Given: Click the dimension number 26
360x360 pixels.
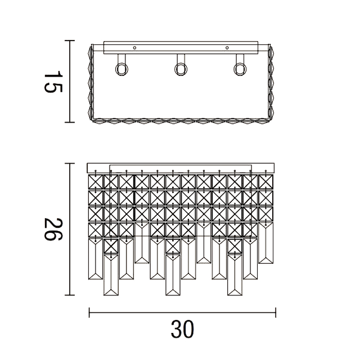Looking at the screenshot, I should pos(52,228).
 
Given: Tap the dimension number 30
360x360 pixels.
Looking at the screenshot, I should pos(182,330).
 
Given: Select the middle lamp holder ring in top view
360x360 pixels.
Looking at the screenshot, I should pos(181,69).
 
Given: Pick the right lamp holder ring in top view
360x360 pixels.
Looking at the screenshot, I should pos(240,69).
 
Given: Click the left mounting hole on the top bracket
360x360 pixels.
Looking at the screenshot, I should pos(134,48).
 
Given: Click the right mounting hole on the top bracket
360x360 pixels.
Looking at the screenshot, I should pos(227,48).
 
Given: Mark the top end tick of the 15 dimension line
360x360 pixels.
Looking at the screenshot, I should pos(69,40).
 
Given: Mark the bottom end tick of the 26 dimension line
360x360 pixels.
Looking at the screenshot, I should pos(69,295).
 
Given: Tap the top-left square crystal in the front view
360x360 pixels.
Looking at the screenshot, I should pos(97,181).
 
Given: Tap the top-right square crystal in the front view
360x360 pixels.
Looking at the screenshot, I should pos(266,181).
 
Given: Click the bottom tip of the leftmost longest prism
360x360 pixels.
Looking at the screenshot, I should pos(112,295).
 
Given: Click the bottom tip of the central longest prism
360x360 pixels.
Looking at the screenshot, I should pos(174,295).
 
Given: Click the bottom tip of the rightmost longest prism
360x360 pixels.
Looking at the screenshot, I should pos(235,295).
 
